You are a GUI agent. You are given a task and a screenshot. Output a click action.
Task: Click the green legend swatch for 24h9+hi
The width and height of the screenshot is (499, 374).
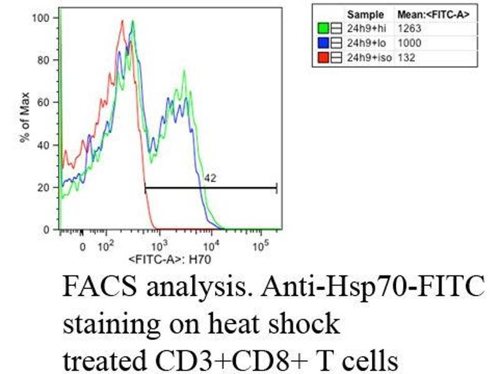[x=323, y=28]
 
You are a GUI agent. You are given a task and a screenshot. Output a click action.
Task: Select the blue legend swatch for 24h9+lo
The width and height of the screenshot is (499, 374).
[x=323, y=43]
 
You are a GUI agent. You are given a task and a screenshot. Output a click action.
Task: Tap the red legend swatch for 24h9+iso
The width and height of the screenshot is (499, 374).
[x=323, y=58]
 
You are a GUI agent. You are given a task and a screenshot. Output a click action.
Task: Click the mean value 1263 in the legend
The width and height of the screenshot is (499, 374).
[x=409, y=28]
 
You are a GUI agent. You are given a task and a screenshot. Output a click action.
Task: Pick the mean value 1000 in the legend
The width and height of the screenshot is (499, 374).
[x=409, y=43]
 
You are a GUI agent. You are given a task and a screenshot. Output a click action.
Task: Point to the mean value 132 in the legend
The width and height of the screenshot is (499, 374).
[x=406, y=58]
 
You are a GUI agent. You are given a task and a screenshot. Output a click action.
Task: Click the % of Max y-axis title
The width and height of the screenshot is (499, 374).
[x=25, y=125]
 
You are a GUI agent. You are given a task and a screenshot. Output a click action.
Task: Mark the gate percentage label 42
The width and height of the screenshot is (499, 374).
[x=210, y=179]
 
